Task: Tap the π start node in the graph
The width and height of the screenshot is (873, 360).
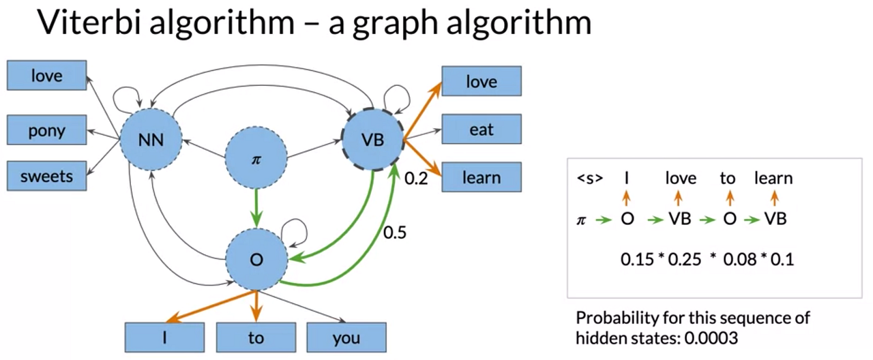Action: tap(256, 159)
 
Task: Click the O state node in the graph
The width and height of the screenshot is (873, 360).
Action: tap(256, 260)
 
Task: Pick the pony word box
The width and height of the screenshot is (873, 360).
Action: tap(46, 130)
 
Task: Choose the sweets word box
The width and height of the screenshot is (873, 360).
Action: tap(46, 177)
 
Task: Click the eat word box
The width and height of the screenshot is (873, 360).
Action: tap(482, 129)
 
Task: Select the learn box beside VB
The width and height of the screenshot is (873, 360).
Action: tap(482, 177)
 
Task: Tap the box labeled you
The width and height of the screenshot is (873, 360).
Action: tap(346, 337)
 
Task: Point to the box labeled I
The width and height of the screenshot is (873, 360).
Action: tap(164, 337)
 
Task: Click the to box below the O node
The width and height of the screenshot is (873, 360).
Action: tap(256, 337)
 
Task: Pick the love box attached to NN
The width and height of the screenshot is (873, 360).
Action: tap(46, 76)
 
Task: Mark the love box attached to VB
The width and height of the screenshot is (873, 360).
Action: tap(482, 82)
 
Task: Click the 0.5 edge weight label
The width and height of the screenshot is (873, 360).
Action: tap(394, 232)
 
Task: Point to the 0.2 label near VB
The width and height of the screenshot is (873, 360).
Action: tap(416, 179)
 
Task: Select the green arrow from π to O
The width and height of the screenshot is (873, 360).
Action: tap(256, 207)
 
